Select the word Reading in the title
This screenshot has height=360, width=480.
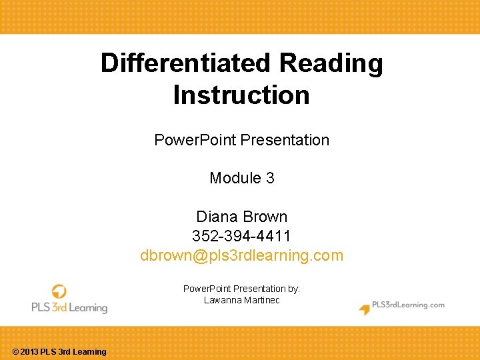coord(331,63)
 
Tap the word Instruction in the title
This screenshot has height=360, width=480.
coord(241,95)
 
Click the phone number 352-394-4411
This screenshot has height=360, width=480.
coord(241,236)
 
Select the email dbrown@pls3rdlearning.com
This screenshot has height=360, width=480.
coord(241,255)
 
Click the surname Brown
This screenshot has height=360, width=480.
coord(265,217)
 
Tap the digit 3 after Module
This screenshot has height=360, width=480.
coord(269,178)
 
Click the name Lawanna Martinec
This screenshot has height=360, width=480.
coord(241,301)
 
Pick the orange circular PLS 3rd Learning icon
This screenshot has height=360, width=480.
coord(59,292)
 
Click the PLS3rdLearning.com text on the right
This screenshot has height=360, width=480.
coord(408,305)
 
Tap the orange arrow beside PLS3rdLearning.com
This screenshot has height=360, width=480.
coord(365,309)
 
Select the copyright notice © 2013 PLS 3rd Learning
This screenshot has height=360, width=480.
coord(59,352)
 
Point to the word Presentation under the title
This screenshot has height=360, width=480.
coord(285,140)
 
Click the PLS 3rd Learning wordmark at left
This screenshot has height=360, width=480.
coord(69,308)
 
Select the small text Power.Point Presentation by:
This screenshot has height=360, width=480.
coord(241,289)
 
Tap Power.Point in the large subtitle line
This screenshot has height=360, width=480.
coord(195,140)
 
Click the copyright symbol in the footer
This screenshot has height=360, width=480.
coord(16,352)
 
